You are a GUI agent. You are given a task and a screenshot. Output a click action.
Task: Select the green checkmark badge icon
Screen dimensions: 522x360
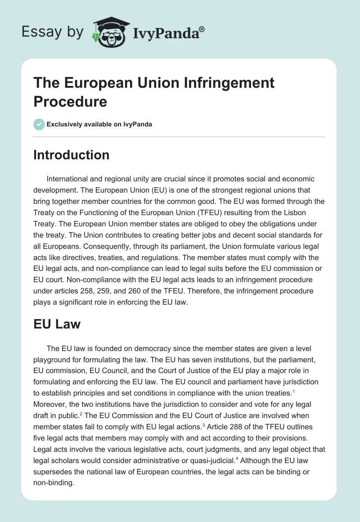click(x=39, y=124)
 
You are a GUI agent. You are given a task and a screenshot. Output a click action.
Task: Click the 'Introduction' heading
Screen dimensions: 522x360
click(x=71, y=155)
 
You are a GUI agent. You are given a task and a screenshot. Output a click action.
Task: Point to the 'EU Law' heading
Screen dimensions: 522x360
click(x=57, y=324)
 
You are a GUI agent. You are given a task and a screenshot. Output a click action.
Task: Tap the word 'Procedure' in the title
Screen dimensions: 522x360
click(x=70, y=101)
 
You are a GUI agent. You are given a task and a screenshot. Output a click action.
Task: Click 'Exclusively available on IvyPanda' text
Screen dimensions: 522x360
click(x=99, y=124)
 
